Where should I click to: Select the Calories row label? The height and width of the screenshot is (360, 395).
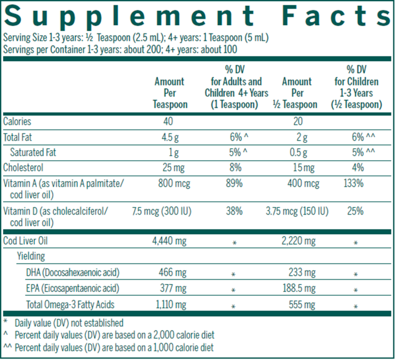coord(17,122)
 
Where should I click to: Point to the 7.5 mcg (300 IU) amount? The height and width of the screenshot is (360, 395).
coord(162,211)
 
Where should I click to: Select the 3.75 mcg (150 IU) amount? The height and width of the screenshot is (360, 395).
coord(297,211)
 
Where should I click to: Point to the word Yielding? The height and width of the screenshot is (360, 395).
coord(31,256)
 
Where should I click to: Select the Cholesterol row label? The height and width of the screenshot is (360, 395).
coord(23,168)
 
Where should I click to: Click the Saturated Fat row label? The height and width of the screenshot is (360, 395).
coord(33,153)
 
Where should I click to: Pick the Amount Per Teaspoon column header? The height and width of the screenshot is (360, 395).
coord(169,93)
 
